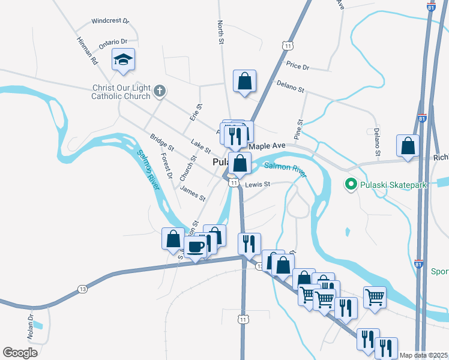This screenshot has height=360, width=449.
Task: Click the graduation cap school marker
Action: (124, 59)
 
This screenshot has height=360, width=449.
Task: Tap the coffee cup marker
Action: (195, 246)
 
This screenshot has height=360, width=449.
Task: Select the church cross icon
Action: (159, 91)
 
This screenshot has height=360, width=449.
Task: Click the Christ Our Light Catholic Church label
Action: (121, 92)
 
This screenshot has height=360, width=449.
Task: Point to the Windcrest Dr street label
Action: (110, 20)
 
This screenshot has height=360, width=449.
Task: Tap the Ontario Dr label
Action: (113, 42)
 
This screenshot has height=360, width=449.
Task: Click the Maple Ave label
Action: (267, 146)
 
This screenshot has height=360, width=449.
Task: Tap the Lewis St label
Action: (258, 184)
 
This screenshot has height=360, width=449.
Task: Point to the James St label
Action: (193, 194)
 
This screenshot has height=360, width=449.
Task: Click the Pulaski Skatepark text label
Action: (393, 185)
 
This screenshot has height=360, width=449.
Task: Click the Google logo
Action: (20, 352)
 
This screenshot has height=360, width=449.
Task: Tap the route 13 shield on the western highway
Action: (82, 290)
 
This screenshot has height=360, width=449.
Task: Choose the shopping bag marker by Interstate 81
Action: (408, 146)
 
